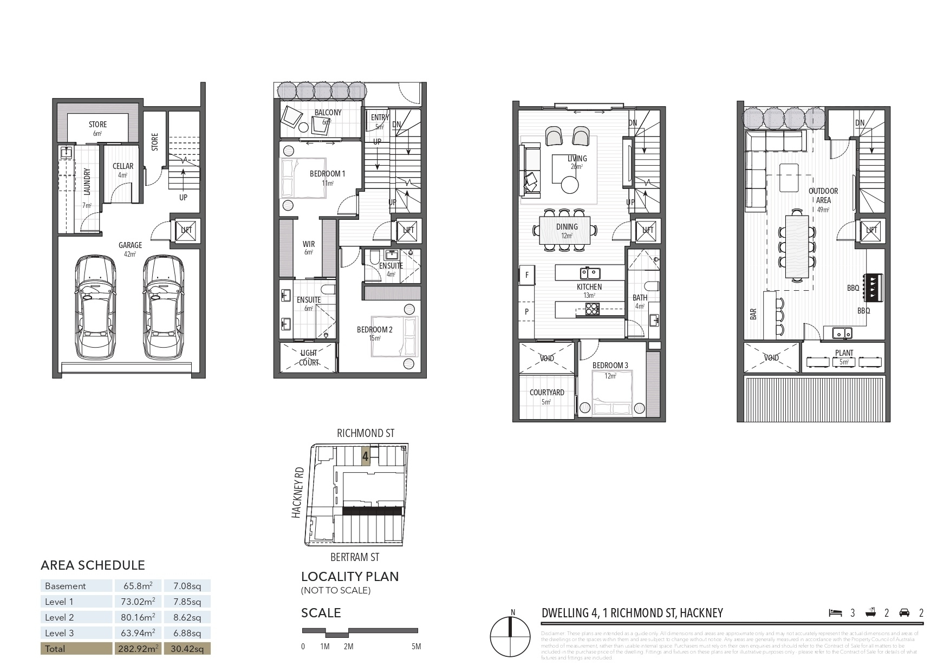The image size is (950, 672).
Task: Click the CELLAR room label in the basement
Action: (123, 166)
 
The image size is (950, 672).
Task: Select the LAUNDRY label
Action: (87, 181)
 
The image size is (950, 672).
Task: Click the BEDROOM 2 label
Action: (374, 329)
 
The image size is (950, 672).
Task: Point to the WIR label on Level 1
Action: (309, 244)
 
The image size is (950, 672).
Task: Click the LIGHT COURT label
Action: (309, 357)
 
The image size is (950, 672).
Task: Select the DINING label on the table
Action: (567, 227)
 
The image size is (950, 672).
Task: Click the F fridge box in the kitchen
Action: (526, 275)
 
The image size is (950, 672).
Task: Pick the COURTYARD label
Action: (547, 392)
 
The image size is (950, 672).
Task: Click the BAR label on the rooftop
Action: (753, 315)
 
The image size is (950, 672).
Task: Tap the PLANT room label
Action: (844, 353)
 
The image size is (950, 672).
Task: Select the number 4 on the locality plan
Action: (366, 457)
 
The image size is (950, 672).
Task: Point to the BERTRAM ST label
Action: (355, 557)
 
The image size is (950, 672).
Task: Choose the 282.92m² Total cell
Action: (138, 648)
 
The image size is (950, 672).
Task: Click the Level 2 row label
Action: (60, 617)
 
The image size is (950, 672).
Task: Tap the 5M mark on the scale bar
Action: (416, 647)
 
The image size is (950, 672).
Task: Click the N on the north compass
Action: (512, 613)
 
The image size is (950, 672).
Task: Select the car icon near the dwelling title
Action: (904, 612)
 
